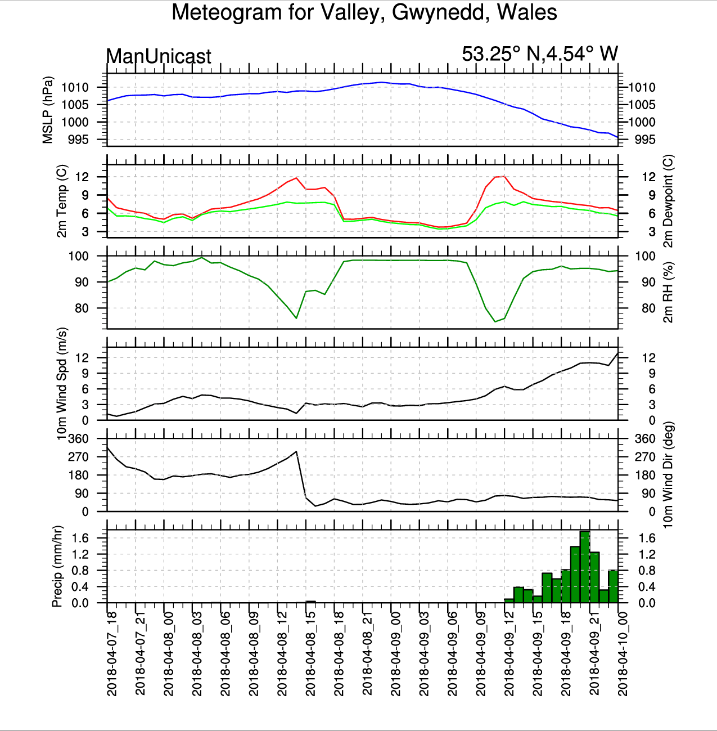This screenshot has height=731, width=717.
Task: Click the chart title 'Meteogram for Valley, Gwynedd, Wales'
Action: point(364,12)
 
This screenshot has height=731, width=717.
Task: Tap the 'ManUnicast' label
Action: point(159,56)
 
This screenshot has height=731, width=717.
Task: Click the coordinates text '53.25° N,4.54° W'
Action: point(539,54)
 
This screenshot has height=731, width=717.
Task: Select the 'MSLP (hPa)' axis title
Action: point(48,110)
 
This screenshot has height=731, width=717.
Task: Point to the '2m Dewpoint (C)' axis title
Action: point(668,201)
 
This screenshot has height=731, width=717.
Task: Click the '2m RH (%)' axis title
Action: point(668,292)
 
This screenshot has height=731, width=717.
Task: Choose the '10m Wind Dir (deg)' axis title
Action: point(668,475)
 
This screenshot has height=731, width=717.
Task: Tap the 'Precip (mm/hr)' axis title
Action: point(57,567)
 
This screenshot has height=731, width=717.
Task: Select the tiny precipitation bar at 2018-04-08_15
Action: point(310,602)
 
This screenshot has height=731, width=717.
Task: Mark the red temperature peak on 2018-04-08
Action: point(296,178)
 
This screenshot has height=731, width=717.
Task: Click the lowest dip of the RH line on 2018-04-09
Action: point(495,321)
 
